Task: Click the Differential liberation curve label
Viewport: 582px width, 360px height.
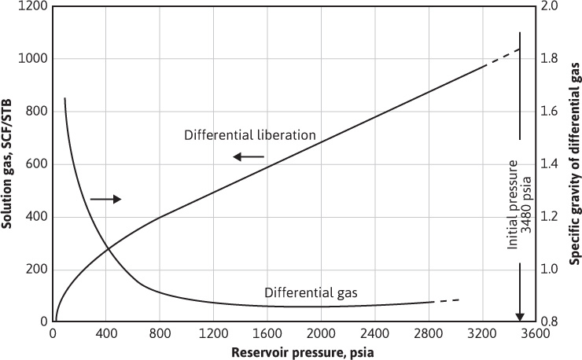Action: pyautogui.click(x=249, y=134)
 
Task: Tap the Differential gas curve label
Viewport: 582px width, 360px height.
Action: pyautogui.click(x=311, y=292)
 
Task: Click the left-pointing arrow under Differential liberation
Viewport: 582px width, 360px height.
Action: pyautogui.click(x=248, y=157)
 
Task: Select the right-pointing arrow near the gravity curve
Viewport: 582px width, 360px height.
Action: pyautogui.click(x=106, y=200)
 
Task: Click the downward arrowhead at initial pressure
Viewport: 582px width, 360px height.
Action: pyautogui.click(x=519, y=317)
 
